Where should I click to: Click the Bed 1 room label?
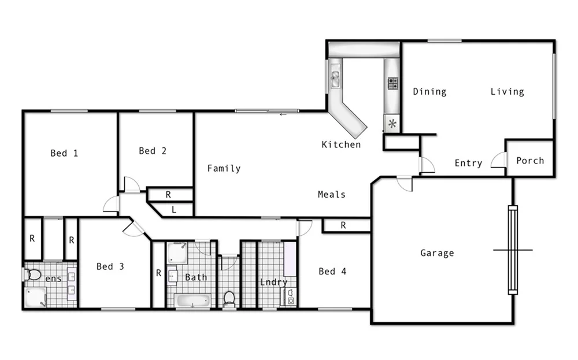[64, 153]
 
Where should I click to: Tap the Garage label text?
[437, 253]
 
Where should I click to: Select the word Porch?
[530, 160]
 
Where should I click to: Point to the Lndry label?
[273, 282]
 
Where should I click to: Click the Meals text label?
[332, 194]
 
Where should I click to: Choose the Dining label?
[429, 91]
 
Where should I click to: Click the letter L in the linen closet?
[174, 210]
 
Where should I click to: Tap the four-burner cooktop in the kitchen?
[392, 83]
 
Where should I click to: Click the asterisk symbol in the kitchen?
[392, 123]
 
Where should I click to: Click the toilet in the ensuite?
[34, 274]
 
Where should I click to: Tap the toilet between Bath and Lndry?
[229, 299]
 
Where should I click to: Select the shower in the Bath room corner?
[177, 253]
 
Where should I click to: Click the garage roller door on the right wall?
[513, 250]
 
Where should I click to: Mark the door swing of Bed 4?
[304, 228]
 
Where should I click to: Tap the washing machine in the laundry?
[290, 297]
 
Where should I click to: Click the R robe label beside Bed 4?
[343, 225]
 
